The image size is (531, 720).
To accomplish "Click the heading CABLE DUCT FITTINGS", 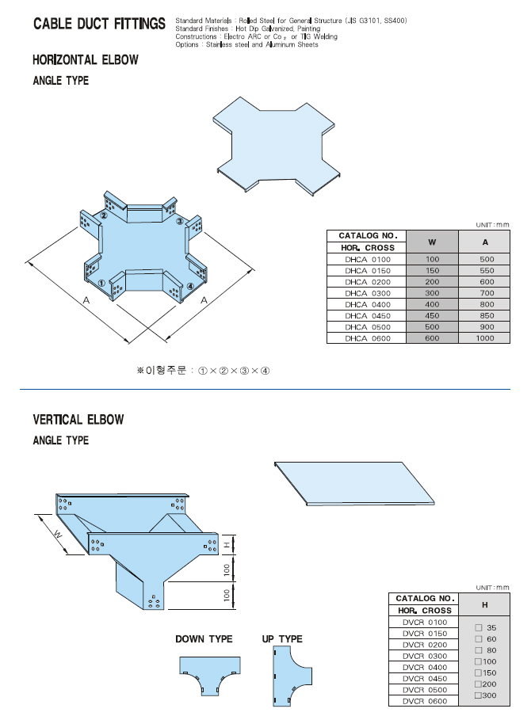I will pyautogui.click(x=99, y=25).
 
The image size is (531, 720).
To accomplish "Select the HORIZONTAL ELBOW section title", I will pyautogui.click(x=86, y=60).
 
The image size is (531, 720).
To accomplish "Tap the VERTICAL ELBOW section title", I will pyautogui.click(x=78, y=420).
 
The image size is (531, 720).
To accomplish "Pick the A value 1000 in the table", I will pyautogui.click(x=484, y=338).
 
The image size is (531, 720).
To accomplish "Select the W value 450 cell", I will pyautogui.click(x=432, y=315).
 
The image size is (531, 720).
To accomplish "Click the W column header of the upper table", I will pyautogui.click(x=432, y=242).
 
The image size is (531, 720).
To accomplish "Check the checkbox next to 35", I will pyautogui.click(x=479, y=627).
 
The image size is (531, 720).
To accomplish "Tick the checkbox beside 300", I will pyautogui.click(x=478, y=695).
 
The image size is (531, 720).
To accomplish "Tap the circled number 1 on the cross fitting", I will pyautogui.click(x=101, y=283).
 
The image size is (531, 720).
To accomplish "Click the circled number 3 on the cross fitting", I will pyautogui.click(x=180, y=221).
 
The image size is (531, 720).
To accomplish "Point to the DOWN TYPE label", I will pyautogui.click(x=204, y=639).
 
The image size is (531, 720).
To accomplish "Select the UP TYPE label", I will pyautogui.click(x=281, y=639).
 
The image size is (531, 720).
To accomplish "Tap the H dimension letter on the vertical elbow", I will pyautogui.click(x=225, y=545).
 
